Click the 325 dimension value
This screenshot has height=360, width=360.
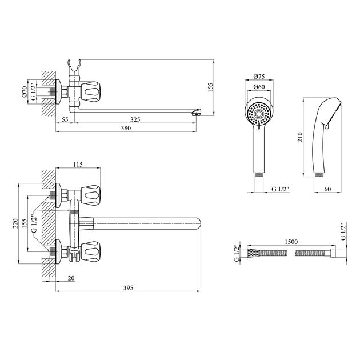(135, 119)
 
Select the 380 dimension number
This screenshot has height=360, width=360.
(126, 128)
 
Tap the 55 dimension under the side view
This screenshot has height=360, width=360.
(65, 119)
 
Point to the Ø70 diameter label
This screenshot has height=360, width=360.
(25, 92)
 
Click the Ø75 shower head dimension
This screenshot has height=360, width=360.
(259, 77)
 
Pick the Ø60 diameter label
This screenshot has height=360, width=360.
(259, 87)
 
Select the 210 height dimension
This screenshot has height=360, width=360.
(301, 137)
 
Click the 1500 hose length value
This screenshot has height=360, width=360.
(291, 242)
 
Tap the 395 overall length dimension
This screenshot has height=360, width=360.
(128, 288)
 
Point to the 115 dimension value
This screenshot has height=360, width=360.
(78, 165)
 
